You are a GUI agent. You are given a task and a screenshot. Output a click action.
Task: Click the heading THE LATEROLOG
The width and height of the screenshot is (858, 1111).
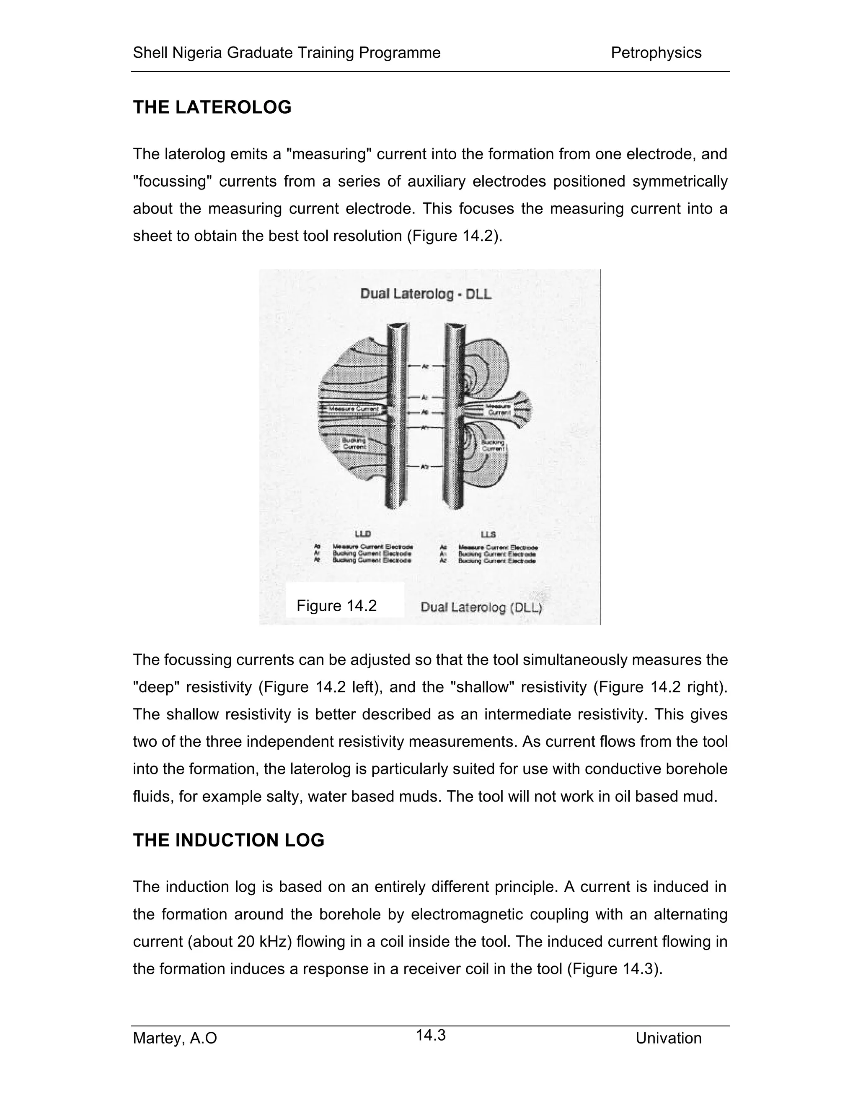pos(212,107)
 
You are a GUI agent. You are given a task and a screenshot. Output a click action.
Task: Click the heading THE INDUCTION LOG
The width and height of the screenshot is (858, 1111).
pos(228,840)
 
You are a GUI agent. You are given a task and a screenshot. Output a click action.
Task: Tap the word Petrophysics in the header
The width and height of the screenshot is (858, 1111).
pos(656,52)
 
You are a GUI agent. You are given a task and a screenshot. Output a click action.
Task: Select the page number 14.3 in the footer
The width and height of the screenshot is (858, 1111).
pos(431,1035)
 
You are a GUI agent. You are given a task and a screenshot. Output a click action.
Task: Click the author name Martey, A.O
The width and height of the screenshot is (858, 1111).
pos(175,1038)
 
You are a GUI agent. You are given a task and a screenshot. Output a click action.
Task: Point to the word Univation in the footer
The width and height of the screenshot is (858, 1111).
pos(668,1038)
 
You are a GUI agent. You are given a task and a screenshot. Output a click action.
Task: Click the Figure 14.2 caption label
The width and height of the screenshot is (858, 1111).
pos(336,605)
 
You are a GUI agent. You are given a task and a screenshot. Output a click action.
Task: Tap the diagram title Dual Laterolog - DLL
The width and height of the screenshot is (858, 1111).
pos(426,294)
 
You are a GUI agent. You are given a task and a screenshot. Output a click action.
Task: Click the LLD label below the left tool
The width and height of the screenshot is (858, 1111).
pos(362,534)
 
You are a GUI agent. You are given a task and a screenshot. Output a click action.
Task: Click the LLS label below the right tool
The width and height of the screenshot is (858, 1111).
pos(488,534)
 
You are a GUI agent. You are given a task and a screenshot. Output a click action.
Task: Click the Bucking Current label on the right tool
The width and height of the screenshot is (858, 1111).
pos(493,446)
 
